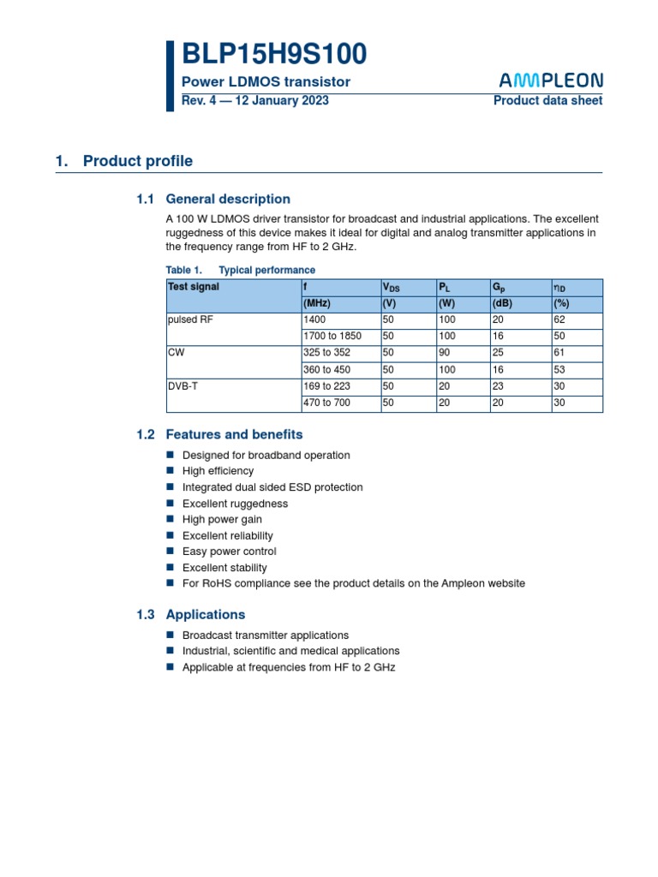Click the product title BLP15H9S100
point(274,54)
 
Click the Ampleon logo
point(551,81)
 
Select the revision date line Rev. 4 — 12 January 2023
point(255,100)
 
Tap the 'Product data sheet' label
point(547,100)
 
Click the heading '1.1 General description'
point(213,199)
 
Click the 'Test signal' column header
point(194,287)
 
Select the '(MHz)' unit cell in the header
point(317,303)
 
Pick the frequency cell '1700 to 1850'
point(332,337)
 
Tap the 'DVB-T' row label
point(182,386)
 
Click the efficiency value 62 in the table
point(559,319)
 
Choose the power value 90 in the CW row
point(445,353)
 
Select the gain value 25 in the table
point(498,353)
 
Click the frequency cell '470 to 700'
point(326,403)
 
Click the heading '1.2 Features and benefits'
point(219,434)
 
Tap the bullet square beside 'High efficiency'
point(170,471)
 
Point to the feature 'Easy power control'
point(229,552)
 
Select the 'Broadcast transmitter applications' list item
point(266,635)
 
